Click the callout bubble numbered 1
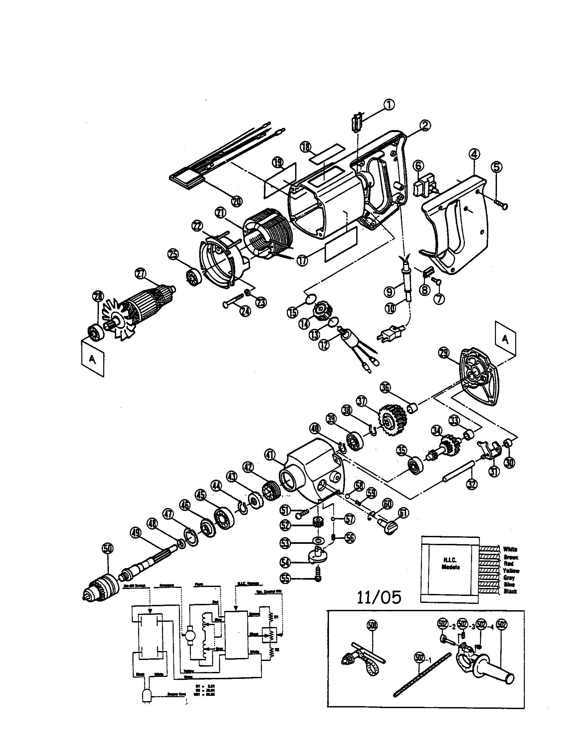pyautogui.click(x=388, y=105)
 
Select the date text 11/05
pyautogui.click(x=379, y=597)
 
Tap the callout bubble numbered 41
pyautogui.click(x=271, y=454)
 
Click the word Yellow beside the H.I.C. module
pyautogui.click(x=511, y=571)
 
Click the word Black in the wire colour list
pyautogui.click(x=510, y=591)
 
